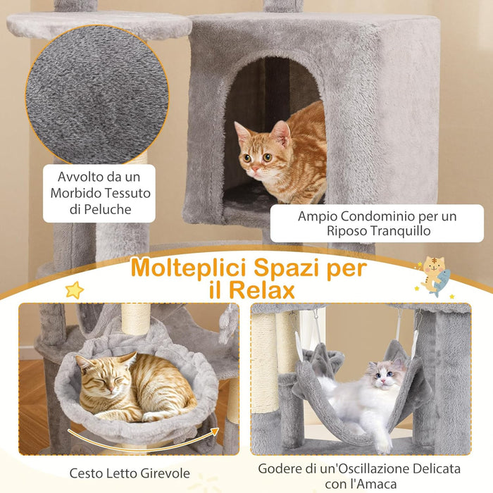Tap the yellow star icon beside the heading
pos(74,289)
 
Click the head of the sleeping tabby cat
pos(99,374)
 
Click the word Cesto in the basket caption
pos(85,473)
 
